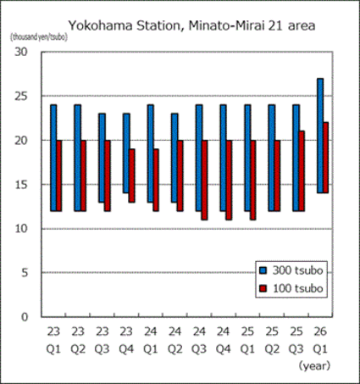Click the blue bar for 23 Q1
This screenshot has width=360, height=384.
pyautogui.click(x=53, y=158)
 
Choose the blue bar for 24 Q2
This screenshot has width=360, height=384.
pyautogui.click(x=174, y=158)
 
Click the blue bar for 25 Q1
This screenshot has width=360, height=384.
pyautogui.click(x=247, y=158)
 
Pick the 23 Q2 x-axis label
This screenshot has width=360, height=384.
pyautogui.click(x=78, y=339)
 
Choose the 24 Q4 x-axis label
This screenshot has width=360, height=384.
pyautogui.click(x=224, y=339)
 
